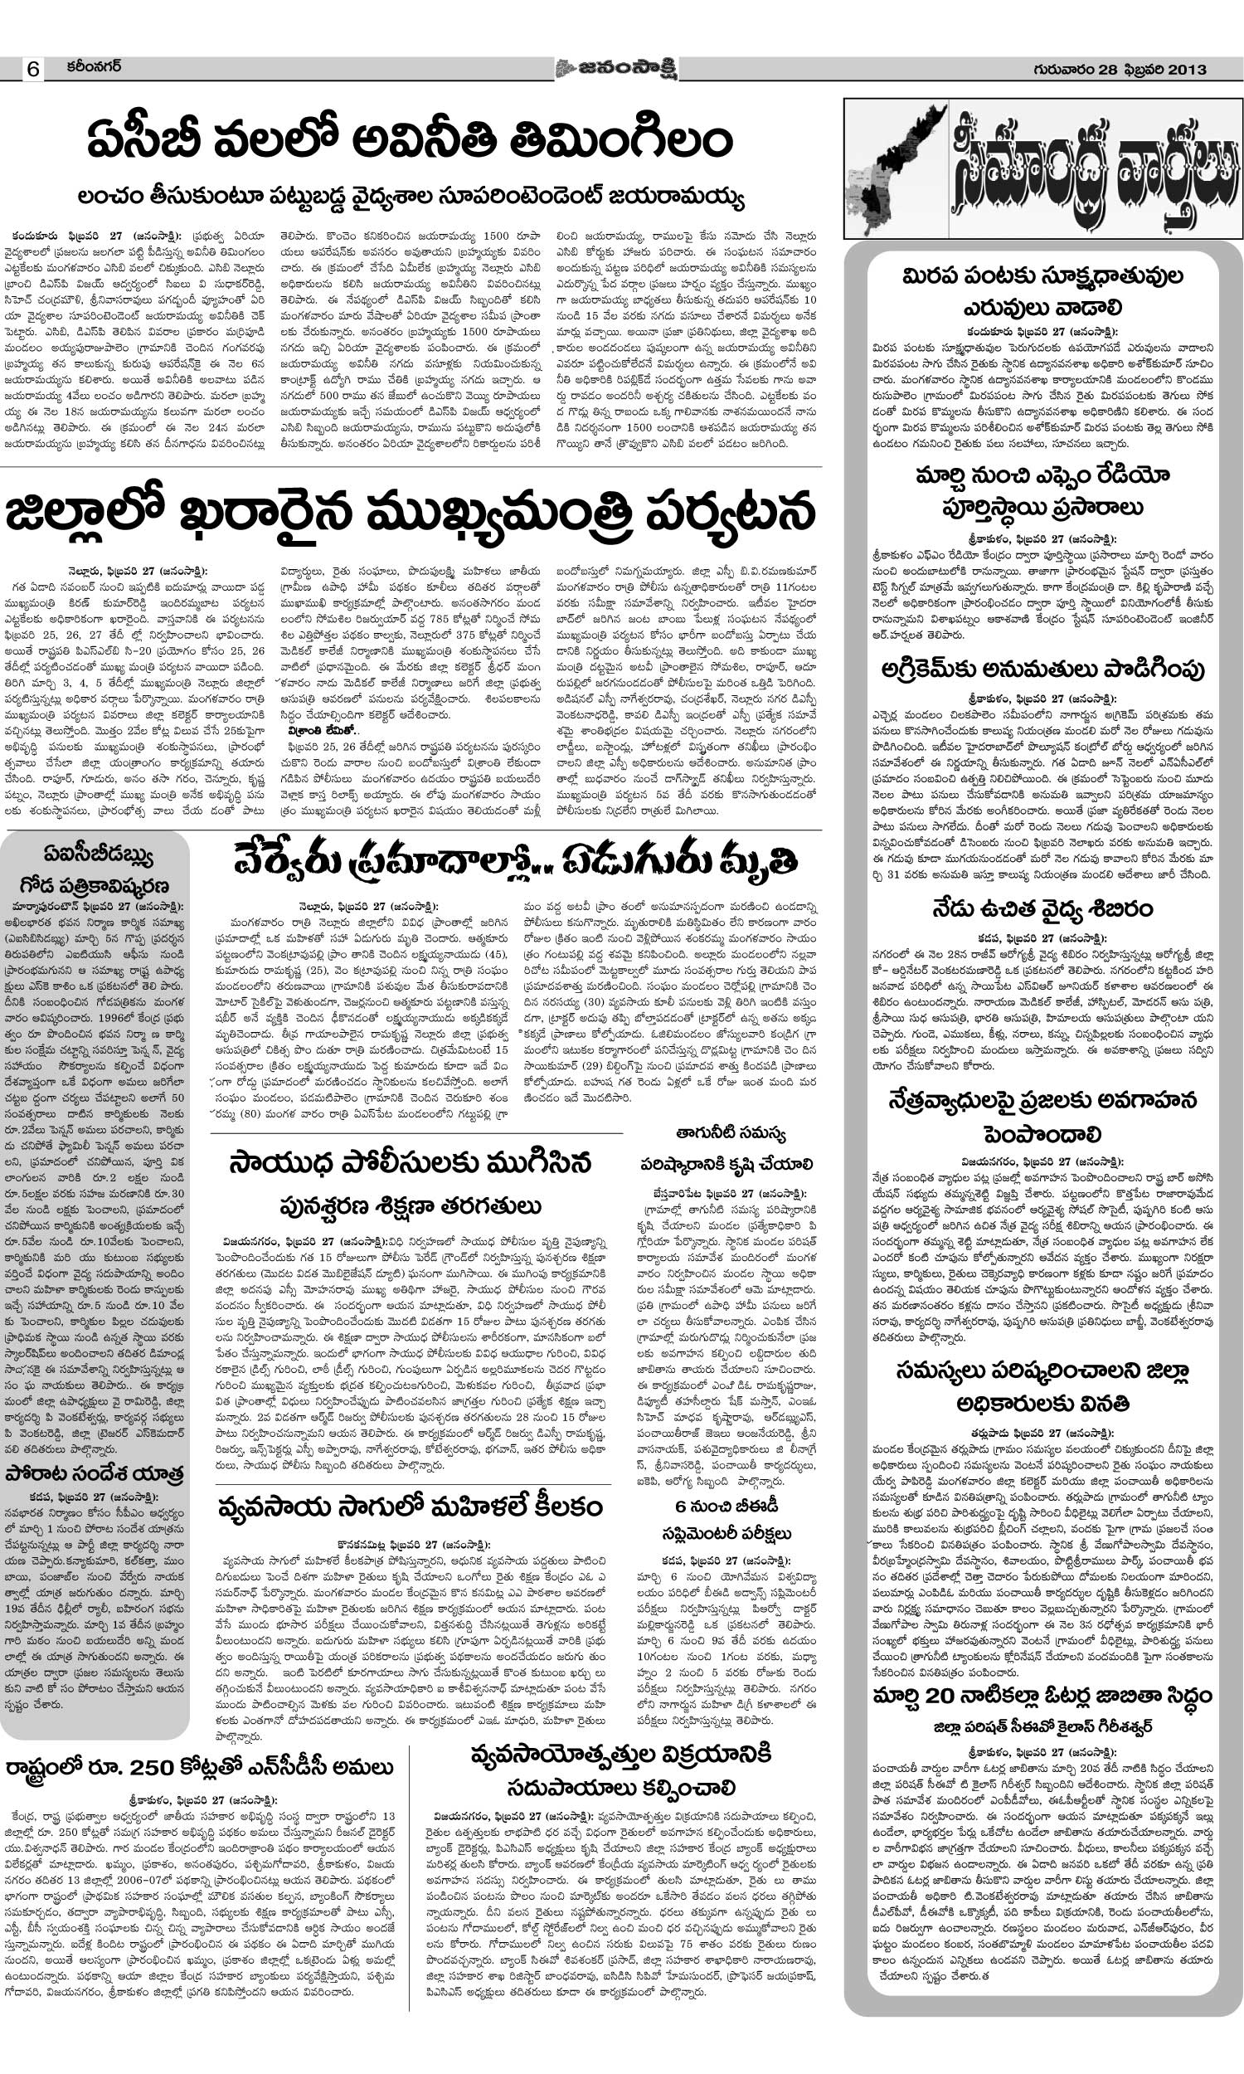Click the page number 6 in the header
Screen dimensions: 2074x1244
(33, 70)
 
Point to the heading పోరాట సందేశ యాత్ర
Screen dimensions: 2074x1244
(94, 1473)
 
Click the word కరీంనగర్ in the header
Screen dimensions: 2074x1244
(95, 66)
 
